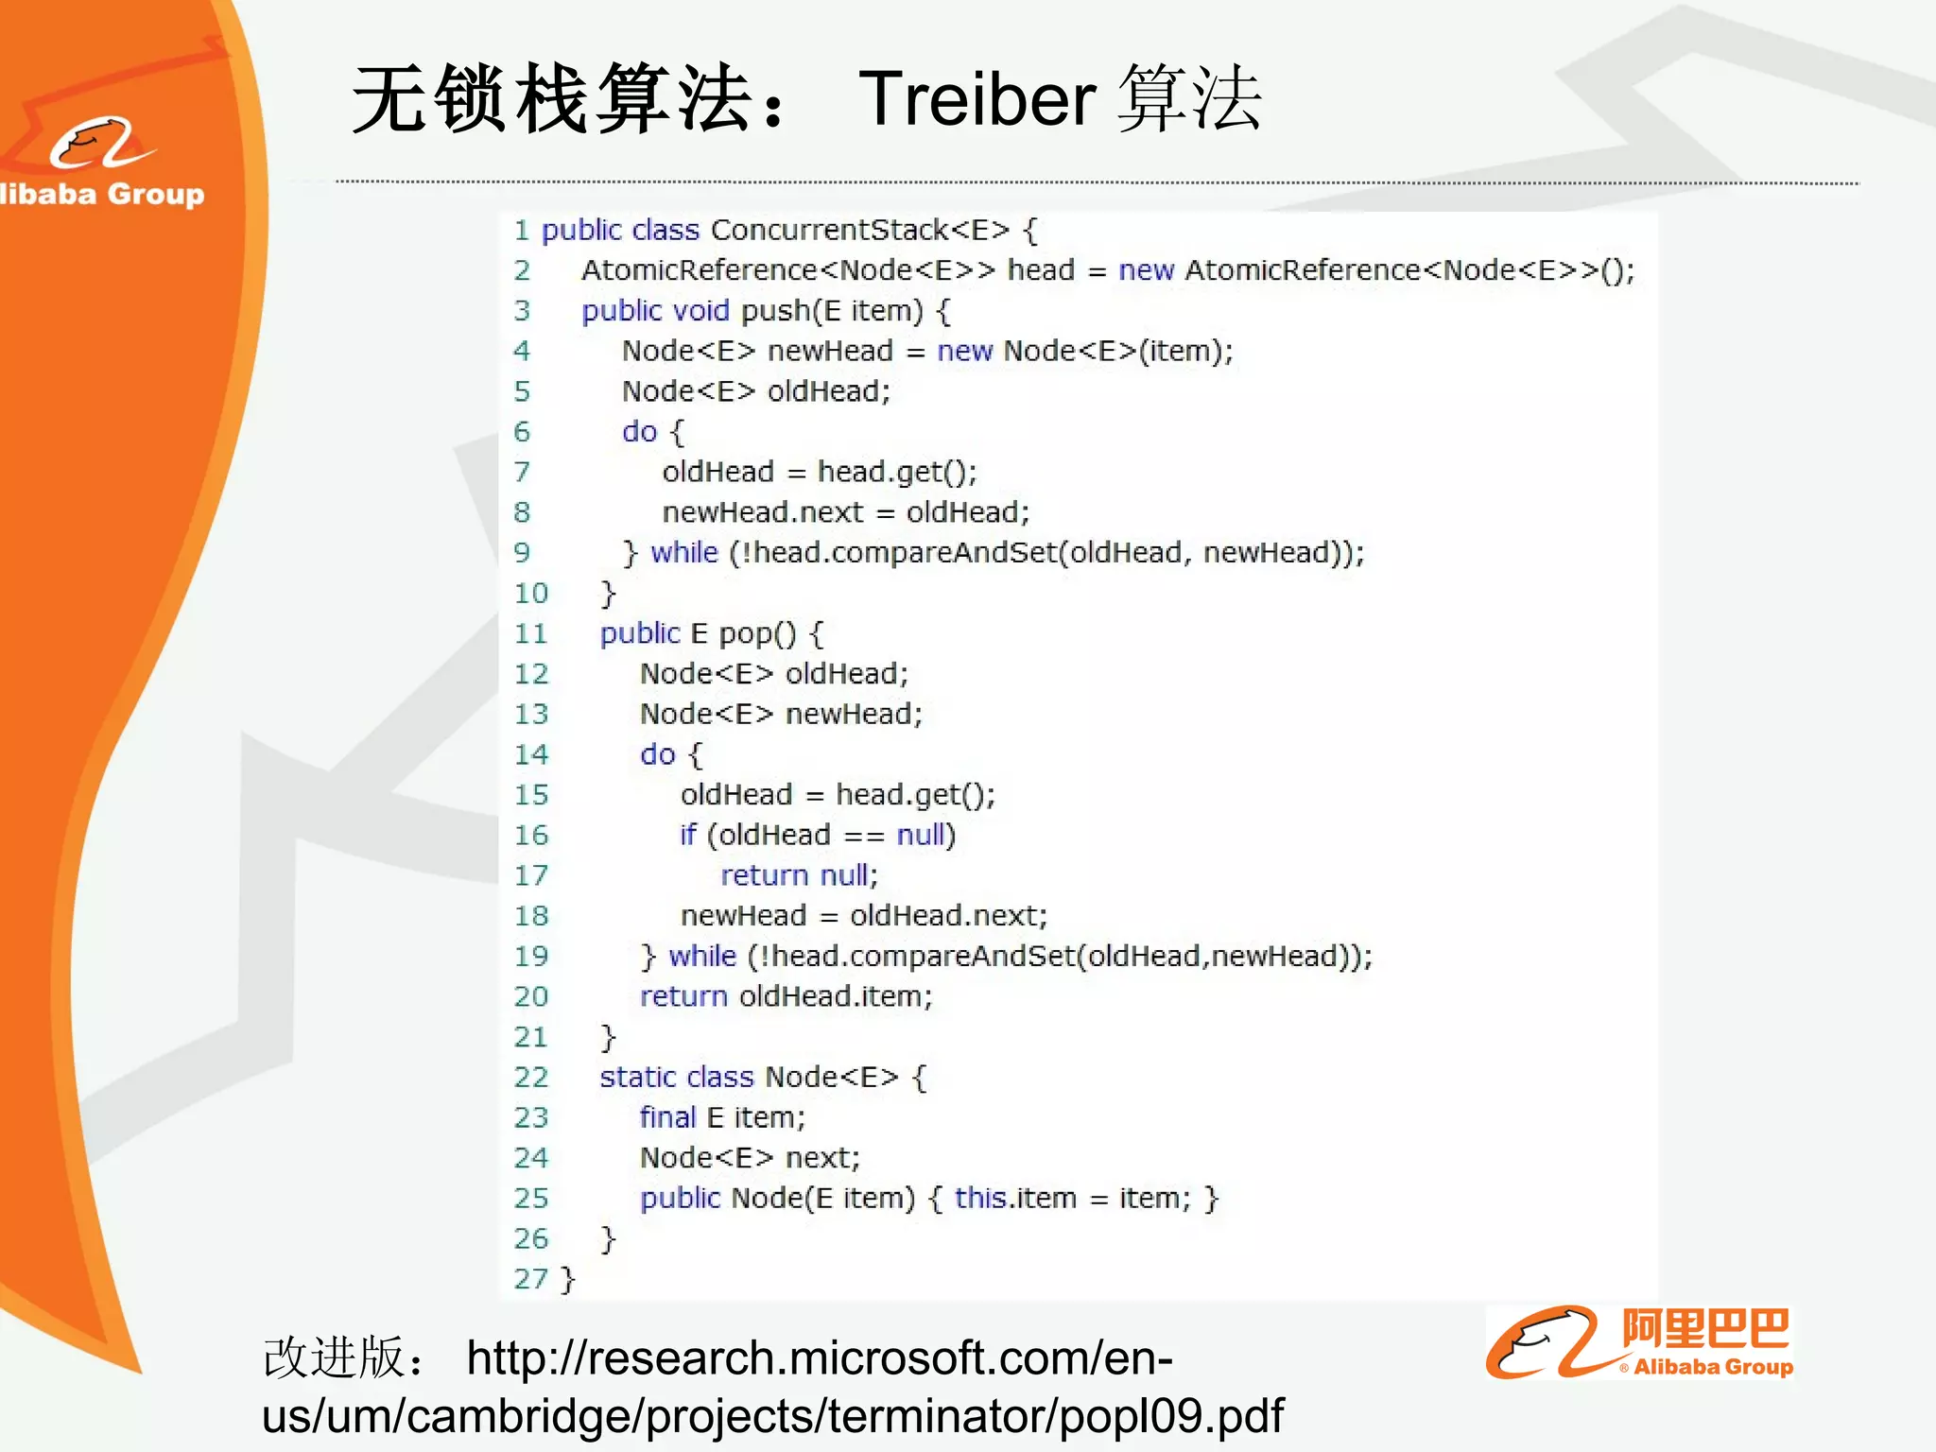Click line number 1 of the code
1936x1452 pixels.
pyautogui.click(x=521, y=230)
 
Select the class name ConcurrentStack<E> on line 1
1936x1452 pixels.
pyautogui.click(x=859, y=230)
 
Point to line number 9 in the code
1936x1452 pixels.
pyautogui.click(x=522, y=552)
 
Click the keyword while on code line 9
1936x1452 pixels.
pyautogui.click(x=684, y=552)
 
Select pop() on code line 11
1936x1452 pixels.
pyautogui.click(x=758, y=633)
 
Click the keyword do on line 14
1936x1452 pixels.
pyautogui.click(x=658, y=754)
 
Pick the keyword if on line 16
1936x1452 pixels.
pyautogui.click(x=687, y=835)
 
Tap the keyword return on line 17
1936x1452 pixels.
pyautogui.click(x=764, y=875)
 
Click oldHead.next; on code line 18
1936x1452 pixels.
pyautogui.click(x=948, y=915)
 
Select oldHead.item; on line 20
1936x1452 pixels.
pyautogui.click(x=836, y=996)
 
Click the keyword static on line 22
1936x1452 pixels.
pyautogui.click(x=638, y=1077)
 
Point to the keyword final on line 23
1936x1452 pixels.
pyautogui.click(x=667, y=1117)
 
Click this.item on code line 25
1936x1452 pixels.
pyautogui.click(x=1015, y=1198)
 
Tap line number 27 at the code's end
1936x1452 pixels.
pyautogui.click(x=530, y=1279)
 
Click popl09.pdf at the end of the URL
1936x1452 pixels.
pyautogui.click(x=1171, y=1416)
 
